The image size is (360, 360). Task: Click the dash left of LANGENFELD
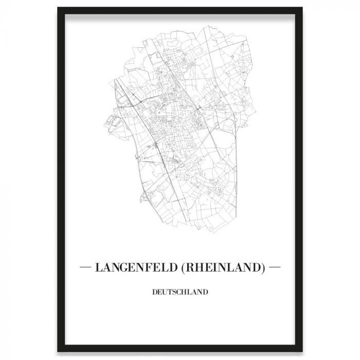tap(88, 267)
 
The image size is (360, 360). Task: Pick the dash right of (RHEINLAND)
tap(274, 267)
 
